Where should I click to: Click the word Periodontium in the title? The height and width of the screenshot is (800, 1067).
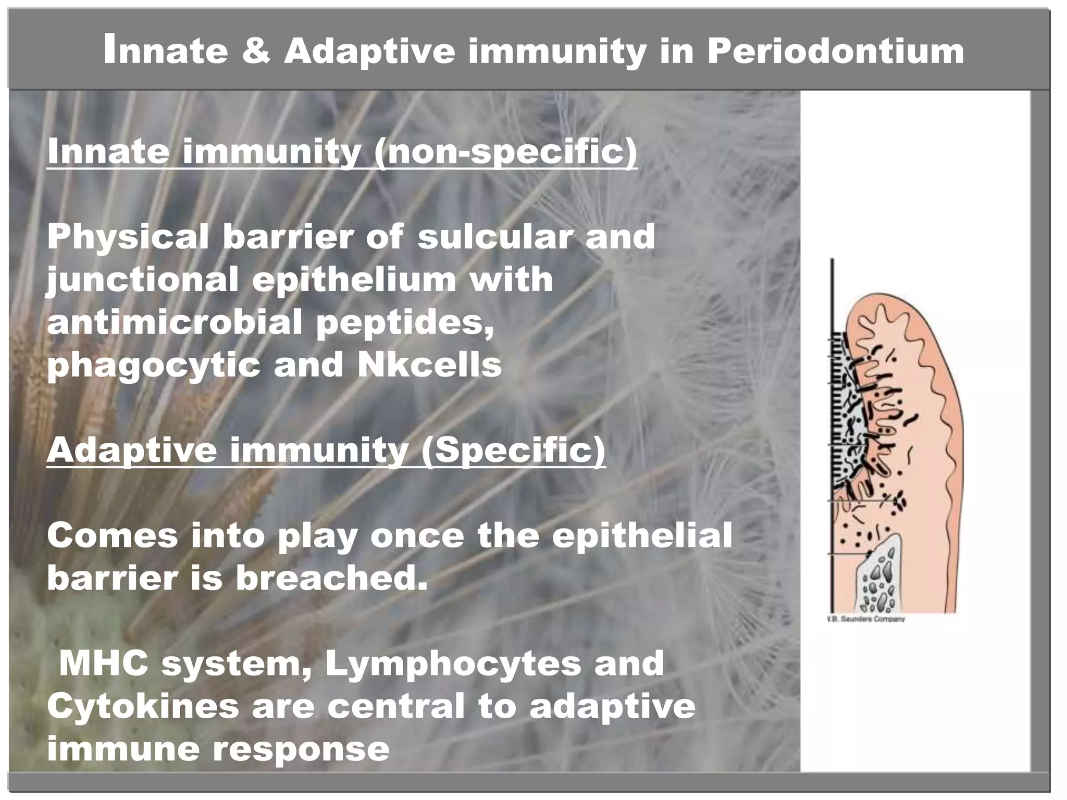835,52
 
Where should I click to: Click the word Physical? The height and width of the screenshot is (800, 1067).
128,237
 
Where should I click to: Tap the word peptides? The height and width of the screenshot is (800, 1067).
405,322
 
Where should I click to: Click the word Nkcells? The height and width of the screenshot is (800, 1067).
429,365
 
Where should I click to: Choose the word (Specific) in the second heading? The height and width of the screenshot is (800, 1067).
513,450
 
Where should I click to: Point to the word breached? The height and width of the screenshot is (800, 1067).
331,578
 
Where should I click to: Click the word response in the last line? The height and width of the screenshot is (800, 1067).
301,749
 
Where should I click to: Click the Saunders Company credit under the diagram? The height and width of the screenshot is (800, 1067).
866,619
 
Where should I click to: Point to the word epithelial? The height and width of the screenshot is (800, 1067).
642,535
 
